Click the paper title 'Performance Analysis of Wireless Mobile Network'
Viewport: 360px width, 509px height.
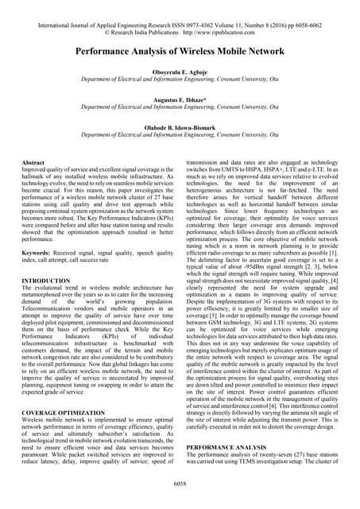coord(180,51)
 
